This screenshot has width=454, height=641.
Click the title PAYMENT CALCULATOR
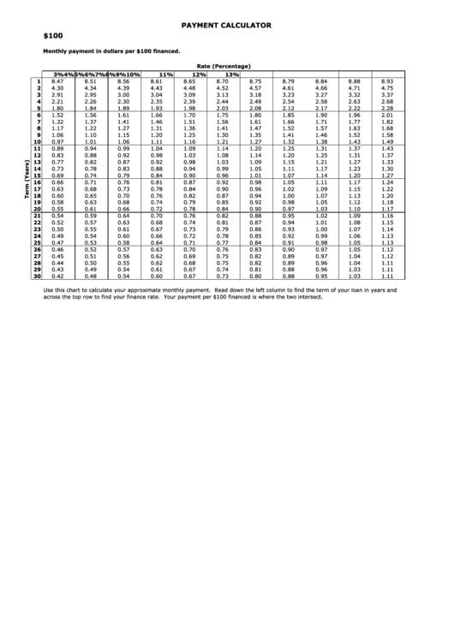click(x=226, y=26)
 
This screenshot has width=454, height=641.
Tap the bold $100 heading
click(x=54, y=38)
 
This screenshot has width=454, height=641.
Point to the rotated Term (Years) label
click(x=28, y=181)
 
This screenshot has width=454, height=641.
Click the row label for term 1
click(x=39, y=81)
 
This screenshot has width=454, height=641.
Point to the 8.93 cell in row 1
click(x=386, y=81)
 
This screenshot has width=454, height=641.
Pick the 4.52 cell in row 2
click(x=223, y=88)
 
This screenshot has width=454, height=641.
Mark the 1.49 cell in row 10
click(x=386, y=142)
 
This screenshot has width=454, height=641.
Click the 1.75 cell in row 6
click(x=223, y=115)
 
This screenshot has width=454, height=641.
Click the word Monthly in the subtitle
click(x=56, y=51)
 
